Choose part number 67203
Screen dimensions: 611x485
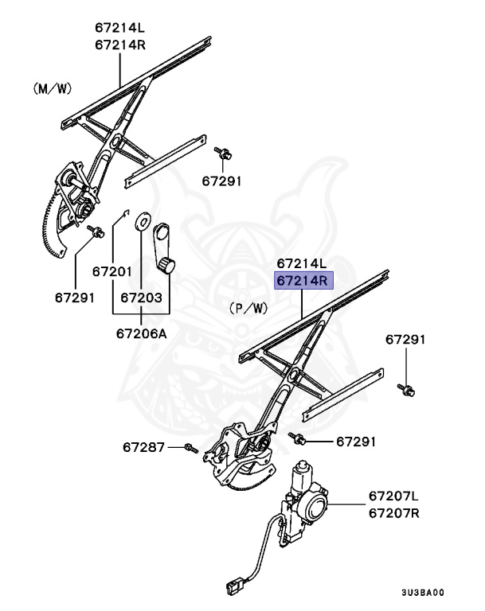[x=142, y=298]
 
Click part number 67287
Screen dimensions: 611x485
[x=144, y=447]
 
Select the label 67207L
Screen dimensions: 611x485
[x=393, y=497]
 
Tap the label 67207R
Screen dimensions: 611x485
[x=393, y=513]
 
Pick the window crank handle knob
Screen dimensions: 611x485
[x=166, y=264]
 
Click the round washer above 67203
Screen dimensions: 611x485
[x=143, y=220]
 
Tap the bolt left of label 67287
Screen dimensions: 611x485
[x=190, y=449]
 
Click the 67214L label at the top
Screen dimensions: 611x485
[x=119, y=28]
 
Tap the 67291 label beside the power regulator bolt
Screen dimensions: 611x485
[x=354, y=441]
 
